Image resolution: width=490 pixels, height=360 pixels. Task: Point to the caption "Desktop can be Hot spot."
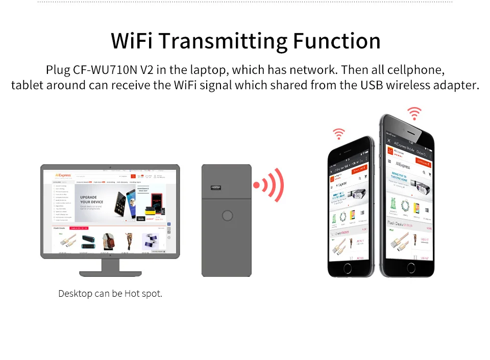tap(110, 294)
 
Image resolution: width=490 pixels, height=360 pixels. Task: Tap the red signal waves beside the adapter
tap(269, 185)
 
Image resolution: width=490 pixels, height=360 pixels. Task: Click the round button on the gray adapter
tap(226, 216)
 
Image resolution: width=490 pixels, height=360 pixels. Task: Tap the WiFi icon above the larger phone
tap(414, 113)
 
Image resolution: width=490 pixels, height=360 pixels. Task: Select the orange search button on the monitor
tap(133, 176)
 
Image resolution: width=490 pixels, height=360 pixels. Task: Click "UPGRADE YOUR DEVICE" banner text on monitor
tap(92, 199)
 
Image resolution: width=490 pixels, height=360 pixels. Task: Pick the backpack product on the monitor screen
tap(108, 240)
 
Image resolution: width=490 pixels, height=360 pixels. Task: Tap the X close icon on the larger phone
tap(389, 140)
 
